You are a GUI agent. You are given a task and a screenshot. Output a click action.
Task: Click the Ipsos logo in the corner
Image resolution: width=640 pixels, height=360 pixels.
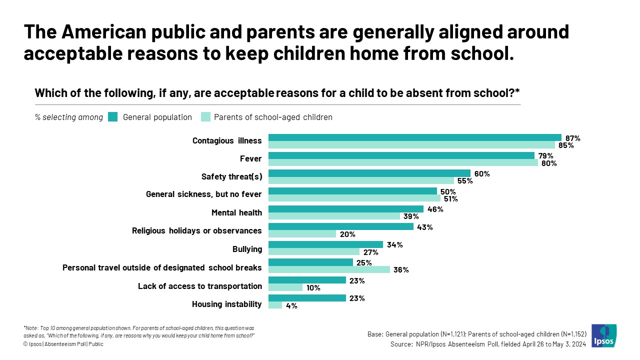604,336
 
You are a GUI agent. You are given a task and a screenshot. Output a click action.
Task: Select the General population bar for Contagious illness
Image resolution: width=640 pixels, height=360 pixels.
415,137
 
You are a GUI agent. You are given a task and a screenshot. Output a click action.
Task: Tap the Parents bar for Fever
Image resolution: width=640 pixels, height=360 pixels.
403,162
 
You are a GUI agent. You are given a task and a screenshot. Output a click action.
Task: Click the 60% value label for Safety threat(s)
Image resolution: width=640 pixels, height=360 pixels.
482,173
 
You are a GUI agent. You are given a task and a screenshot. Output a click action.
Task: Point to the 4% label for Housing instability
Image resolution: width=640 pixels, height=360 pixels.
291,305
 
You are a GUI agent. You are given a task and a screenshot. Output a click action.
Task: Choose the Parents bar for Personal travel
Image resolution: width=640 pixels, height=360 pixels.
329,269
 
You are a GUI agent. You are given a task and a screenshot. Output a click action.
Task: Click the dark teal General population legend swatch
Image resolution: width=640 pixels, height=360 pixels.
112,117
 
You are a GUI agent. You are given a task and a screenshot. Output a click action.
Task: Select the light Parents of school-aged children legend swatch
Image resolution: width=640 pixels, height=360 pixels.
205,117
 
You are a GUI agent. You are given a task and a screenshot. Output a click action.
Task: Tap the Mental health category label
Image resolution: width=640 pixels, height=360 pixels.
236,212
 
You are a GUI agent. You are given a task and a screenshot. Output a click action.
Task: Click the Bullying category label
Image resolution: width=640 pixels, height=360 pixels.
247,248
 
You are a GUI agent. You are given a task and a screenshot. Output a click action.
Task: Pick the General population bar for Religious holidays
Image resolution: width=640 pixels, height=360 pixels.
341,226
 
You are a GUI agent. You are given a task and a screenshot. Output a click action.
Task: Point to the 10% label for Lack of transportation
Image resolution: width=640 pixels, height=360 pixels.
313,288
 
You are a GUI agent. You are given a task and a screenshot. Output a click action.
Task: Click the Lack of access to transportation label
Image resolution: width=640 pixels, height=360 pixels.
199,286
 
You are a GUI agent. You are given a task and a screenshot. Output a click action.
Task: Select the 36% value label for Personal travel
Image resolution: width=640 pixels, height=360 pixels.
401,270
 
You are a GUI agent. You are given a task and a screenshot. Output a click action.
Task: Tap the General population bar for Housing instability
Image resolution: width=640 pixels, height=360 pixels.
307,298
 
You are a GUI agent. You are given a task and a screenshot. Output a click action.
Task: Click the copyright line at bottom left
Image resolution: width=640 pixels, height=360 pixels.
63,344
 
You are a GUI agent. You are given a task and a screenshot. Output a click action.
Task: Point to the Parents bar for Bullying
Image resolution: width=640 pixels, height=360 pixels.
314,251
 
